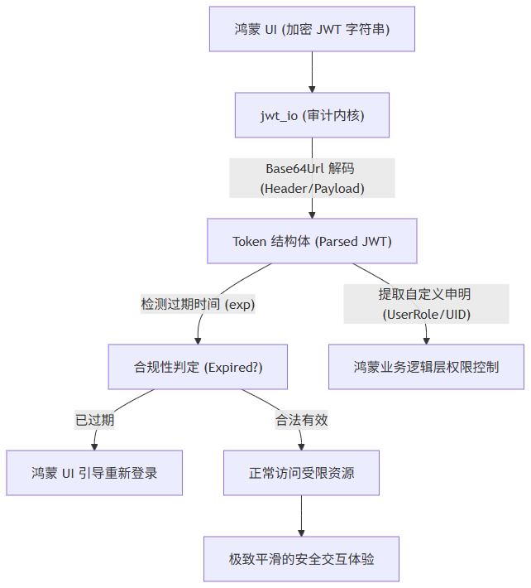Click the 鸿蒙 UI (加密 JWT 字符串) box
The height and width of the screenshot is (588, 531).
tap(312, 29)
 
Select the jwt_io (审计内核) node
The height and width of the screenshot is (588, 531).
tap(312, 115)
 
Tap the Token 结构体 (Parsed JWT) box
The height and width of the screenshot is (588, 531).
tap(312, 241)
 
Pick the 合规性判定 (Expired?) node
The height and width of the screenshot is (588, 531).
tap(198, 367)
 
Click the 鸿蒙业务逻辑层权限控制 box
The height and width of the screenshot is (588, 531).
tap(426, 367)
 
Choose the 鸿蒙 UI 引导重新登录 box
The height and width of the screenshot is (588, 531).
tap(94, 473)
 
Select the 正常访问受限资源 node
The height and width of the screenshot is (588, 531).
tap(301, 473)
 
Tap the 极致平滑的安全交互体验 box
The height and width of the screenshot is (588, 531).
tap(301, 559)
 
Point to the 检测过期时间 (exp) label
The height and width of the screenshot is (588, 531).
tap(198, 304)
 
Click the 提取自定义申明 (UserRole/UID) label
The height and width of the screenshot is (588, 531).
tap(426, 304)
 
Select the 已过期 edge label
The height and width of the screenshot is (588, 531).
tap(94, 420)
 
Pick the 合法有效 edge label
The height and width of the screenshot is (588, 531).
tap(301, 420)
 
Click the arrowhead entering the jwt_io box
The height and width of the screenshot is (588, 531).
tap(312, 89)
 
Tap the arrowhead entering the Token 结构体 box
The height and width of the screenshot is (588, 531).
tap(312, 215)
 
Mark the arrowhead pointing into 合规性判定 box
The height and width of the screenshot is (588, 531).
tap(198, 341)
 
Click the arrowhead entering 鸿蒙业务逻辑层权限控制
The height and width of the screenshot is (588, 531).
tap(426, 341)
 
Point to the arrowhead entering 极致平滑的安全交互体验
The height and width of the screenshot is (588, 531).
tap(301, 533)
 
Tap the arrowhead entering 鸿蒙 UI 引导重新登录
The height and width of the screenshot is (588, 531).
tap(94, 447)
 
